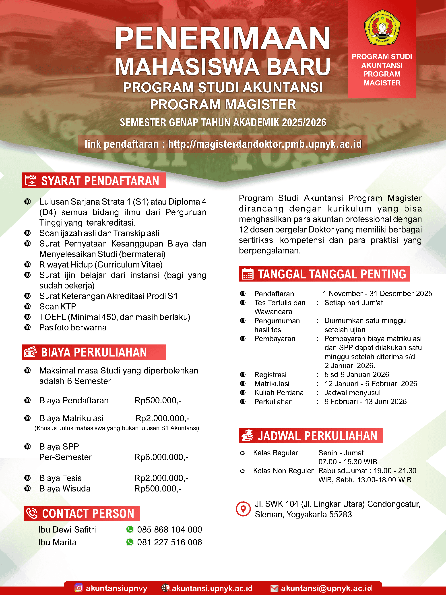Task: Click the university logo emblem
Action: (x=382, y=27)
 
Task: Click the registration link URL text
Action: (x=264, y=144)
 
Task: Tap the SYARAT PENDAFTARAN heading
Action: (x=100, y=181)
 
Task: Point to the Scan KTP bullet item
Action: (x=58, y=306)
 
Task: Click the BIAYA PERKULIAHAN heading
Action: (x=94, y=352)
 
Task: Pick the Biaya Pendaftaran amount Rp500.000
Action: (x=158, y=400)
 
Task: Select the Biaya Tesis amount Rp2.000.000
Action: (x=161, y=478)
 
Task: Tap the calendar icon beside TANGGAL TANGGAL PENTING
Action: (x=247, y=274)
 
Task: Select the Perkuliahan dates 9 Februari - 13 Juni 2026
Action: (x=365, y=402)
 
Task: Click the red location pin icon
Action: (x=243, y=509)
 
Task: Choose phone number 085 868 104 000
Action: (x=169, y=530)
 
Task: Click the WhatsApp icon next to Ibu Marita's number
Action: (x=130, y=542)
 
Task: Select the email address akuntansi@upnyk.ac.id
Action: (x=326, y=588)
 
